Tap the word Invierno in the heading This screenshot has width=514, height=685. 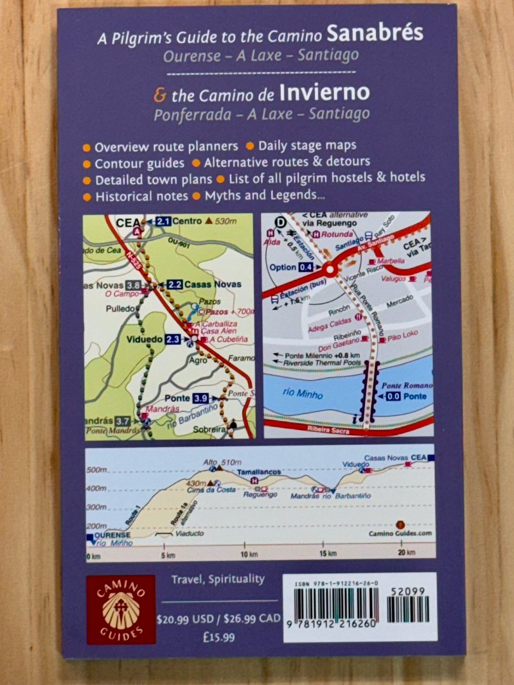324,94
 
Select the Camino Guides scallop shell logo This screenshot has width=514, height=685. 121,609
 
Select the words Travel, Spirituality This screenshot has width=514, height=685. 218,579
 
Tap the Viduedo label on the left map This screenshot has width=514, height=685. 144,339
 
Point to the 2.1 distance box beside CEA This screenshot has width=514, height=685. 163,222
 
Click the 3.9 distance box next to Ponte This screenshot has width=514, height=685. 200,399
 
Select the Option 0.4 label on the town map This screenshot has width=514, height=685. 292,267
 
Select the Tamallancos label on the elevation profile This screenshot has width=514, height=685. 259,472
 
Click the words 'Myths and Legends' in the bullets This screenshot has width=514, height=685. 260,195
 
